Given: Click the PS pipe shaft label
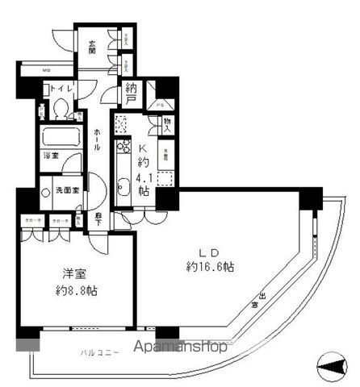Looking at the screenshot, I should click(160, 105).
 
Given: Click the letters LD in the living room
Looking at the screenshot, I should click(212, 250).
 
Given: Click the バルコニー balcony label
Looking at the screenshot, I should click(101, 353).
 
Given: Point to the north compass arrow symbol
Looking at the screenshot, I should click(331, 369).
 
